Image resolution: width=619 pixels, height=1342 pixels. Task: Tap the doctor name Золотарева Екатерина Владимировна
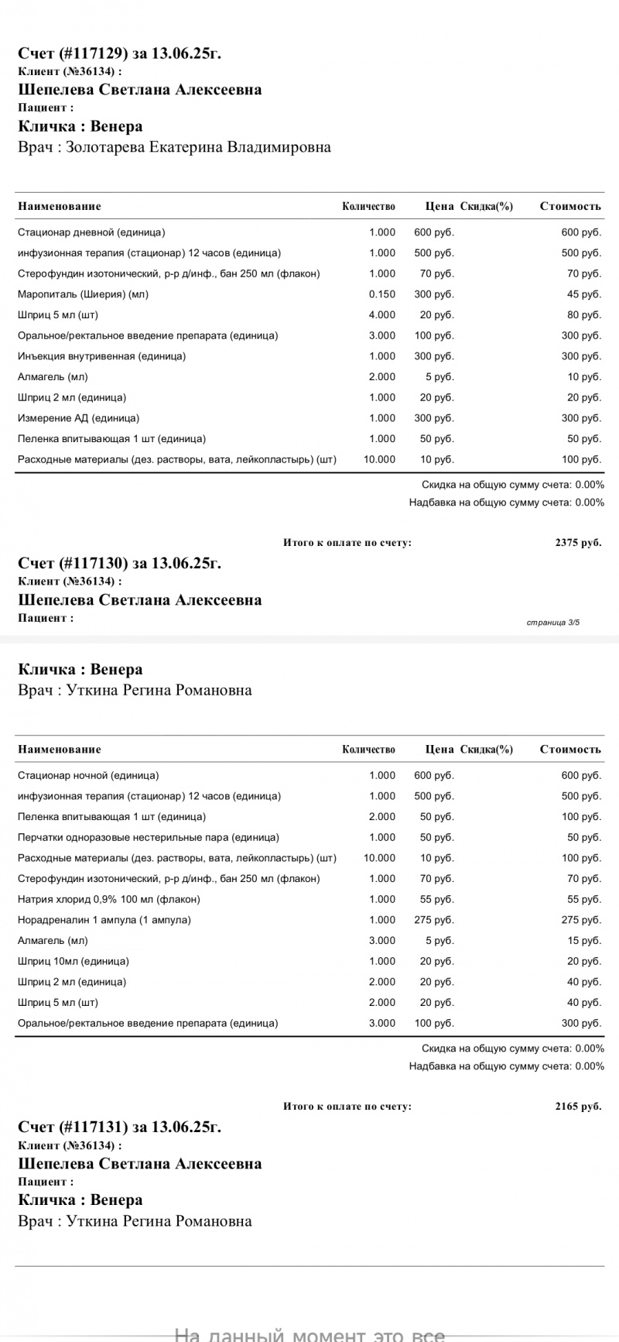click(198, 147)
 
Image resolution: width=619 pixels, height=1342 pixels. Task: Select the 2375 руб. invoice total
click(577, 543)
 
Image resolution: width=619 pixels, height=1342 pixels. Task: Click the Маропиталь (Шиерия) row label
click(83, 294)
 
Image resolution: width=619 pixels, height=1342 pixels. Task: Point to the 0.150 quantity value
click(382, 294)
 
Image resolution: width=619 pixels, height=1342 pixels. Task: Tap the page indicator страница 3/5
click(552, 622)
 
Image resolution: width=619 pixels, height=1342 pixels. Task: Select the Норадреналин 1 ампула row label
click(104, 920)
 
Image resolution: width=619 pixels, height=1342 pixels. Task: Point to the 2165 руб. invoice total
click(577, 1107)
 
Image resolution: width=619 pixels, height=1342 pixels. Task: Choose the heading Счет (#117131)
click(119, 1127)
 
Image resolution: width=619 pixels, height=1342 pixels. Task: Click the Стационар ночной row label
click(88, 775)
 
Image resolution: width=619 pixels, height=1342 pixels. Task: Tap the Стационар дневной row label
click(91, 232)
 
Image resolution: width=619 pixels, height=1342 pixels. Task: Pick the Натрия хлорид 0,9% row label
click(108, 899)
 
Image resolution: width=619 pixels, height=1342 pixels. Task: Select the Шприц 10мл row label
click(73, 961)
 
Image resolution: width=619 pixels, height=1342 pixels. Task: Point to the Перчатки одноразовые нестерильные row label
click(148, 837)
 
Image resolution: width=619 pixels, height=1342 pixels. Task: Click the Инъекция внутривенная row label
click(101, 356)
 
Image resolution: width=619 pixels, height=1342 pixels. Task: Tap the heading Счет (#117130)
click(119, 563)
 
